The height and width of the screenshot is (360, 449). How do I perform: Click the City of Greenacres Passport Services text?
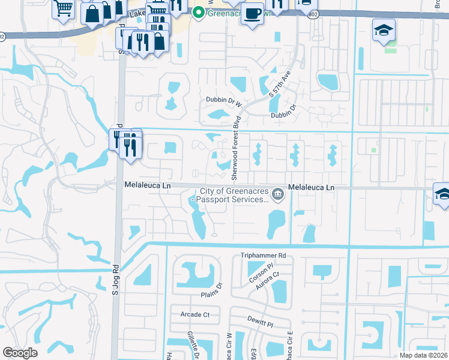tap(234, 196)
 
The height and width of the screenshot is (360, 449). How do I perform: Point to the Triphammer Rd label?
tap(264, 256)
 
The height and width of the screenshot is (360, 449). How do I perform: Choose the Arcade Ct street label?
tap(195, 314)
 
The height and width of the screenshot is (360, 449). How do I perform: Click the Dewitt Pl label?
tap(261, 323)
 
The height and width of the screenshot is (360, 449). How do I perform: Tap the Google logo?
tap(20, 352)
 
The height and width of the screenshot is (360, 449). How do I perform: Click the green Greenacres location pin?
tap(198, 11)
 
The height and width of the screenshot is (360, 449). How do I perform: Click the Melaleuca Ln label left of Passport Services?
tap(148, 186)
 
